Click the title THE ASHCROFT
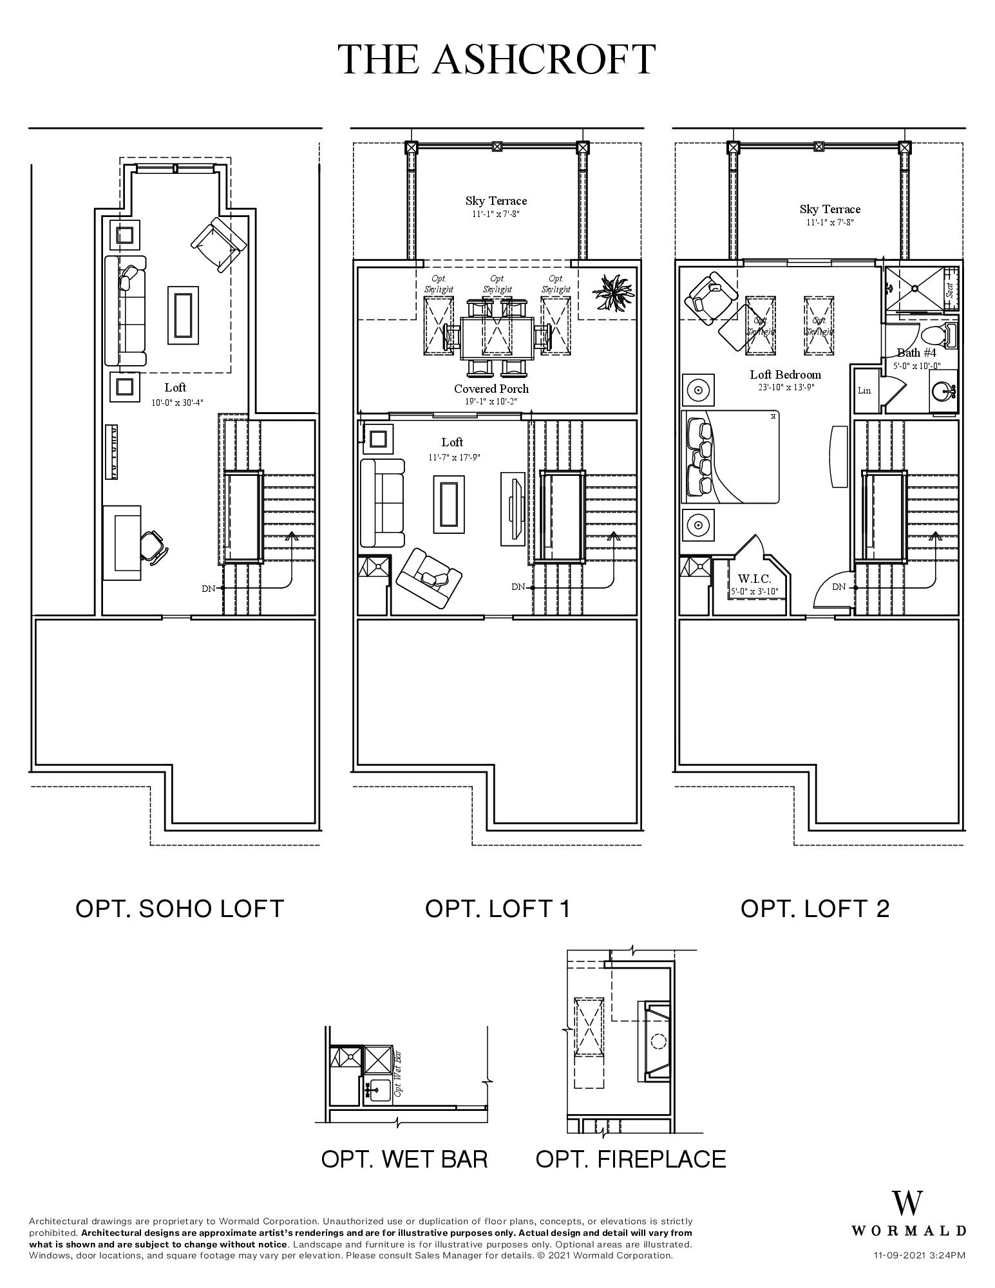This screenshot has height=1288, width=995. [497, 59]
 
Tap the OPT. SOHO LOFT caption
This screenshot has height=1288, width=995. [180, 909]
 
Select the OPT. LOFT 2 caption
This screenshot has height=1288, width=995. [815, 909]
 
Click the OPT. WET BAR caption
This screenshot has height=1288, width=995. [404, 1159]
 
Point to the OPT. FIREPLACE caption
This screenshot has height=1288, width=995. [630, 1159]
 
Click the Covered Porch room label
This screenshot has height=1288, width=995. [491, 388]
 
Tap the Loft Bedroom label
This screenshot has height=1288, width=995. [785, 374]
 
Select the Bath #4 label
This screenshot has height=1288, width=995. [916, 352]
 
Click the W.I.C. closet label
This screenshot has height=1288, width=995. [754, 579]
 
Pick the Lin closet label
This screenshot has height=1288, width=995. [864, 390]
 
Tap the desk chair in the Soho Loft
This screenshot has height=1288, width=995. [155, 546]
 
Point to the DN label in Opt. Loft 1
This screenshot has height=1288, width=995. [518, 587]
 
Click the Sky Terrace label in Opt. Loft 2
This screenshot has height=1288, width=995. [829, 209]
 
